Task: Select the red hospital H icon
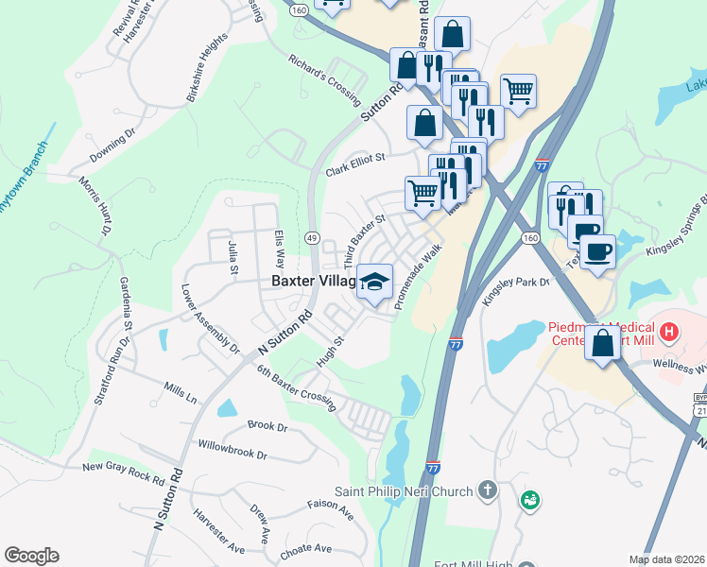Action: click(669, 332)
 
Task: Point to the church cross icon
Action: click(487, 490)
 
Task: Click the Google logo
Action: click(31, 556)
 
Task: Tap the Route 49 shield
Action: click(312, 236)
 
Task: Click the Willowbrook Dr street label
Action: click(233, 450)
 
